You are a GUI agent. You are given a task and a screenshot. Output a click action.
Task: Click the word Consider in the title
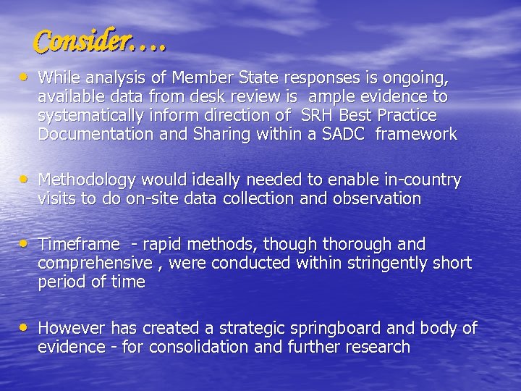click(x=82, y=42)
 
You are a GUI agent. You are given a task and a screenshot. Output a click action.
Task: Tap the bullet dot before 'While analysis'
click(x=25, y=75)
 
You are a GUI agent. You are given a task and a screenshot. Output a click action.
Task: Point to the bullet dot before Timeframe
click(x=25, y=243)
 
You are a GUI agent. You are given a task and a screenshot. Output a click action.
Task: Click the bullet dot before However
click(x=25, y=327)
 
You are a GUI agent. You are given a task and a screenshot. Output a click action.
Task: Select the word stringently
click(x=357, y=263)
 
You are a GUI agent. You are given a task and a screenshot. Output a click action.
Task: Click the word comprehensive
click(x=96, y=263)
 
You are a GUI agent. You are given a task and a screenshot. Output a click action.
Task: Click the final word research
click(x=376, y=347)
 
